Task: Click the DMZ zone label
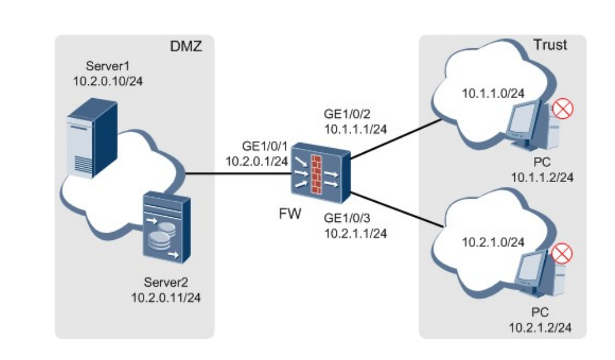click(x=188, y=46)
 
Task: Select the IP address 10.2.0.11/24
click(x=166, y=296)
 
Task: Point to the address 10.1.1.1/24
click(x=355, y=128)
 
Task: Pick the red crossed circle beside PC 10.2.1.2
click(x=561, y=254)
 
